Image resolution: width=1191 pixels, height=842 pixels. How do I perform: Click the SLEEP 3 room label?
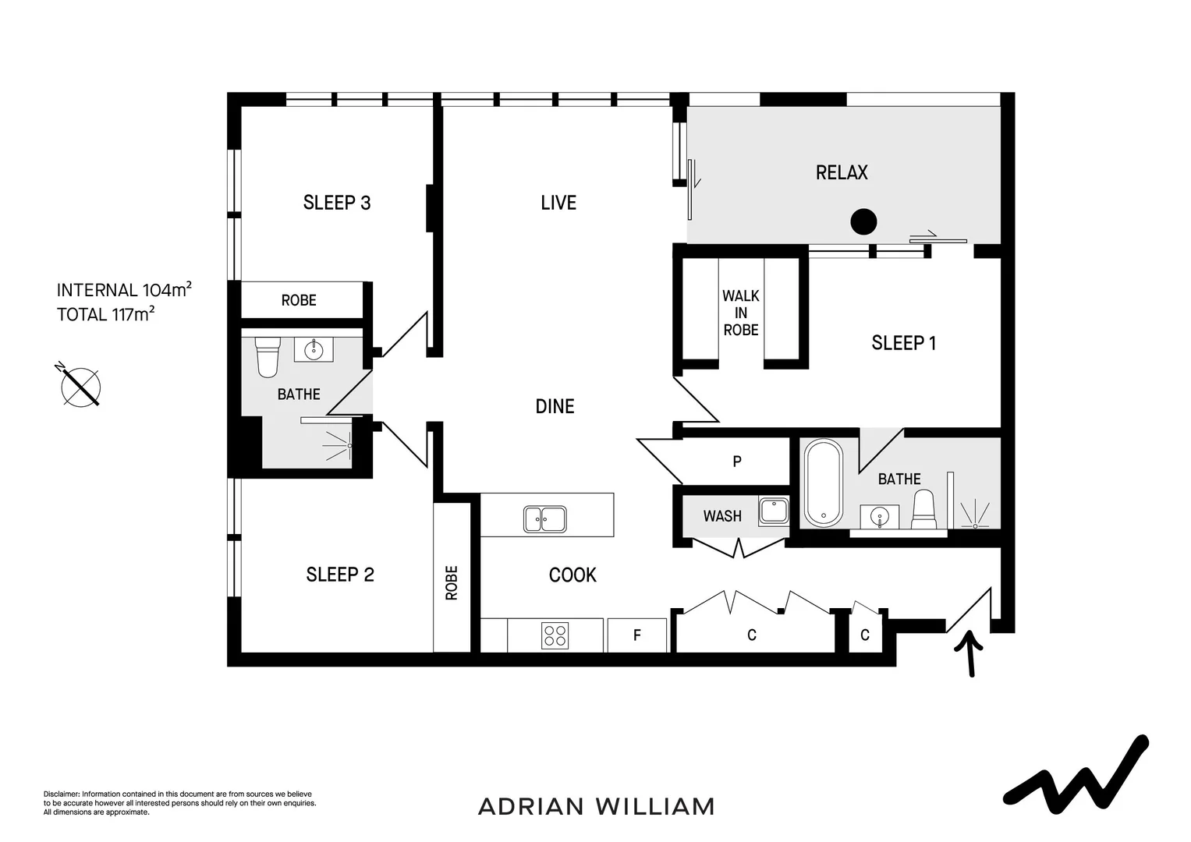(x=336, y=203)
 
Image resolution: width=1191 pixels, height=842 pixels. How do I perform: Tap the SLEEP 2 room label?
(x=339, y=575)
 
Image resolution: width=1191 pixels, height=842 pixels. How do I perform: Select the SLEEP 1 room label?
(x=903, y=343)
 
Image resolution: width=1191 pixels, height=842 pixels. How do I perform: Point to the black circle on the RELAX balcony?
(x=863, y=222)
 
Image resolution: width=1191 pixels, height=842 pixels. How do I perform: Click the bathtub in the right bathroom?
(x=824, y=483)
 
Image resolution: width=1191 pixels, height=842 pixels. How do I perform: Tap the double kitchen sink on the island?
(x=545, y=518)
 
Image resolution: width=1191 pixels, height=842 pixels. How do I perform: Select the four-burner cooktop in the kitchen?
(x=555, y=635)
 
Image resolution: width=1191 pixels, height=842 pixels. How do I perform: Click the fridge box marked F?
(x=636, y=635)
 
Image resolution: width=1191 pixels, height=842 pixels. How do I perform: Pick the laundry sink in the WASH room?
(x=774, y=511)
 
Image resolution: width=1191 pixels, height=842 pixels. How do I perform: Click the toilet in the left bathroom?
(x=268, y=356)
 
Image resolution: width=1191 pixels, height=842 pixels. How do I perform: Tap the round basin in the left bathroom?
(x=314, y=348)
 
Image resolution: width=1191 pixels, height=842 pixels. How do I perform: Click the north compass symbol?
(x=80, y=385)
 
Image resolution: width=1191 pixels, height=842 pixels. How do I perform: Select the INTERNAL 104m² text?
(x=124, y=290)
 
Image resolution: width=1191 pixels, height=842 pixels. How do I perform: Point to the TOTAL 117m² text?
(x=105, y=314)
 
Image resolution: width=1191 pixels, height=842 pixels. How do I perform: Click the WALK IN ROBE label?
(x=740, y=313)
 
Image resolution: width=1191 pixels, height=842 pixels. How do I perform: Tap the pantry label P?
(x=736, y=462)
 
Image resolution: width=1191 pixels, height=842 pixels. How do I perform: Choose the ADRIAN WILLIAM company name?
(x=596, y=806)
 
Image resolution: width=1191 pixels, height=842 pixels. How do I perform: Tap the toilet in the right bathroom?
(x=923, y=509)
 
